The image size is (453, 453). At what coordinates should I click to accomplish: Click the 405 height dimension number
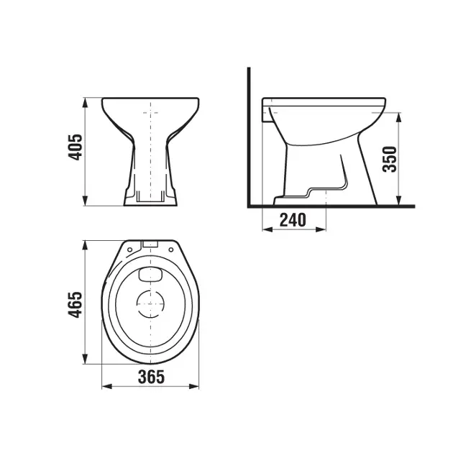pyautogui.click(x=75, y=150)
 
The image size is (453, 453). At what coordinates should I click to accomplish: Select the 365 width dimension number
pyautogui.click(x=150, y=376)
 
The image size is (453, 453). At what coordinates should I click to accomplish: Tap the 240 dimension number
pyautogui.click(x=293, y=219)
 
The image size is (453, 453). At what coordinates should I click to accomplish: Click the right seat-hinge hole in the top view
pyautogui.click(x=173, y=249)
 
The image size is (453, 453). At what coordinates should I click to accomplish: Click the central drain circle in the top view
pyautogui.click(x=150, y=305)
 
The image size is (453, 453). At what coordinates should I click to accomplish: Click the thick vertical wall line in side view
pyautogui.click(x=248, y=137)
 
